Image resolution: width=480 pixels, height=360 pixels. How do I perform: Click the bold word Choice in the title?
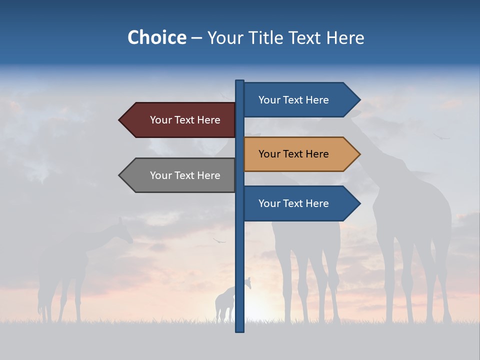point(156,37)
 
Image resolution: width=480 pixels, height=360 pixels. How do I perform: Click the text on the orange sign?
point(293,154)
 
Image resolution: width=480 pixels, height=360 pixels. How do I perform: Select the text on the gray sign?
point(185,175)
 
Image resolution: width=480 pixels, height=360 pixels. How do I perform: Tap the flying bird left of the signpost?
point(218,241)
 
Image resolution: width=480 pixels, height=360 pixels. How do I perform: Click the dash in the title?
point(196,38)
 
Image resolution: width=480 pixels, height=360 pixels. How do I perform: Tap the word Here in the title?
point(345,37)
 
